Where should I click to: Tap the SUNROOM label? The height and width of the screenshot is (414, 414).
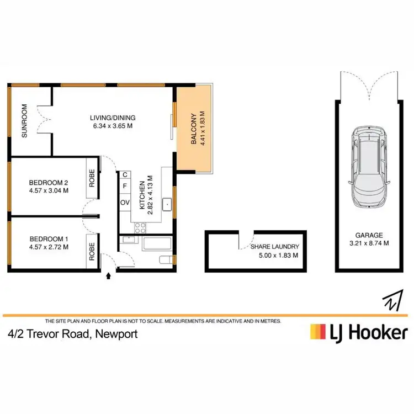tap(24, 128)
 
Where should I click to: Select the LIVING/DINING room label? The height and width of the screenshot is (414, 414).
tap(113, 118)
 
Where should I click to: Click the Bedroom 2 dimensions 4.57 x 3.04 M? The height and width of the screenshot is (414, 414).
tap(49, 191)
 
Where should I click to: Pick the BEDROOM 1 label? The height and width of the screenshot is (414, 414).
tap(49, 238)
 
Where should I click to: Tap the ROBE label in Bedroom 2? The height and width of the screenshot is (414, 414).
tap(92, 177)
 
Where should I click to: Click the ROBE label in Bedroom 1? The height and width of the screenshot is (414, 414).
tap(92, 252)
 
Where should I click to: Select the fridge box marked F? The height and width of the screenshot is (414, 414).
tap(125, 187)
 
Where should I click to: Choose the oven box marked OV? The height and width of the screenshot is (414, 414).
tap(125, 203)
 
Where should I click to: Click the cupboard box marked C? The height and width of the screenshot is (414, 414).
tap(125, 175)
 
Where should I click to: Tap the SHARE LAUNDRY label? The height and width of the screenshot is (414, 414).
tap(274, 247)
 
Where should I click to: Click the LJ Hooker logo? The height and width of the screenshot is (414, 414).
tap(359, 332)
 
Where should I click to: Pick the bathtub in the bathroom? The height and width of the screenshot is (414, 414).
tap(157, 244)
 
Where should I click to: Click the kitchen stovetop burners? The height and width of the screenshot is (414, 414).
tap(140, 226)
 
